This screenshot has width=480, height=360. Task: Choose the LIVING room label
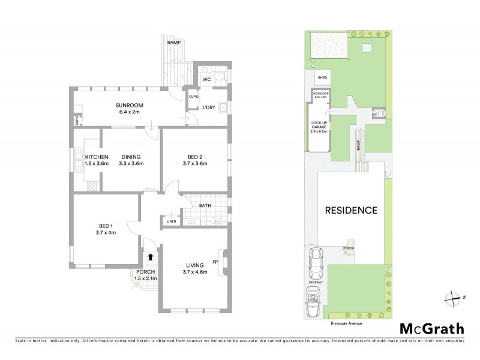pyautogui.click(x=194, y=265)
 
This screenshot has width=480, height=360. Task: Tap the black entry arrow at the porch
pyautogui.click(x=150, y=257)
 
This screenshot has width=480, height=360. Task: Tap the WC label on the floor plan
pyautogui.click(x=205, y=79)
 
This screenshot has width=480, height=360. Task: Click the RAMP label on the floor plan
pyautogui.click(x=174, y=43)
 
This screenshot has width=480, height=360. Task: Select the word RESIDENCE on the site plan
pyautogui.click(x=351, y=211)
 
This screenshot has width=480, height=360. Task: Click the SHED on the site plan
pyautogui.click(x=322, y=78)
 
